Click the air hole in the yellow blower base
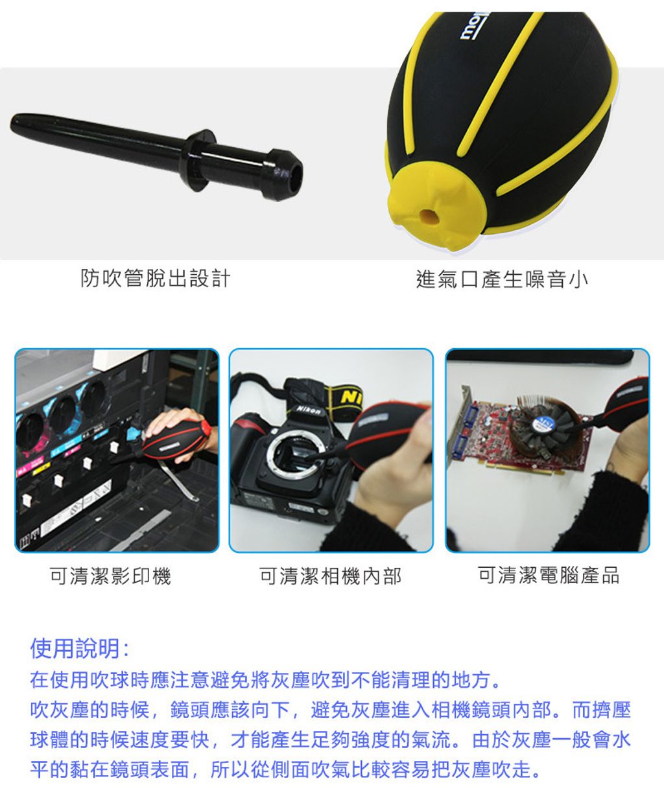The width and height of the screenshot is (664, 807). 428,216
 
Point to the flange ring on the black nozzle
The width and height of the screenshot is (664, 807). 199,159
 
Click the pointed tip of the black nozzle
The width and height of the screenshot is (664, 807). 14,123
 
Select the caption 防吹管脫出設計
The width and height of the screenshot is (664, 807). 156,278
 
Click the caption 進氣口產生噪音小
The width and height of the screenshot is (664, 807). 502,279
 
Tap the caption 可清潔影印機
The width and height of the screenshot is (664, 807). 110,576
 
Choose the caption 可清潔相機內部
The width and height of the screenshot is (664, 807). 330,576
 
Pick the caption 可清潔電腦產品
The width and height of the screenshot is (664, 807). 549,575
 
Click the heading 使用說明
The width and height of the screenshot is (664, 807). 79,648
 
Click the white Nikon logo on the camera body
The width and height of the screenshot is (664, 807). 309,410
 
